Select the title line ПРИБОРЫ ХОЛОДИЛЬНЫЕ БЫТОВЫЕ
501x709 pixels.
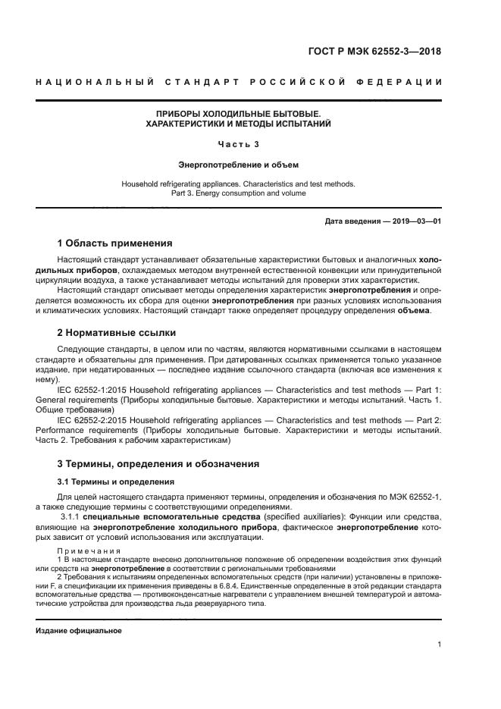(x=238, y=112)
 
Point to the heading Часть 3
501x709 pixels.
(x=238, y=143)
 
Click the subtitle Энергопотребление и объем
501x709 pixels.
(x=238, y=163)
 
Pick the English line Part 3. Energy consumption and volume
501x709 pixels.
(x=238, y=193)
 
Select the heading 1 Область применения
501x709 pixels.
(x=115, y=243)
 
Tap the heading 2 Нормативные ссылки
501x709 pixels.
(x=117, y=332)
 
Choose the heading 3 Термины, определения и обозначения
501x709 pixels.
(x=158, y=463)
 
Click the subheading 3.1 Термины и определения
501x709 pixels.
(x=110, y=482)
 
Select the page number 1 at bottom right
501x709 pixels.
(x=439, y=645)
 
